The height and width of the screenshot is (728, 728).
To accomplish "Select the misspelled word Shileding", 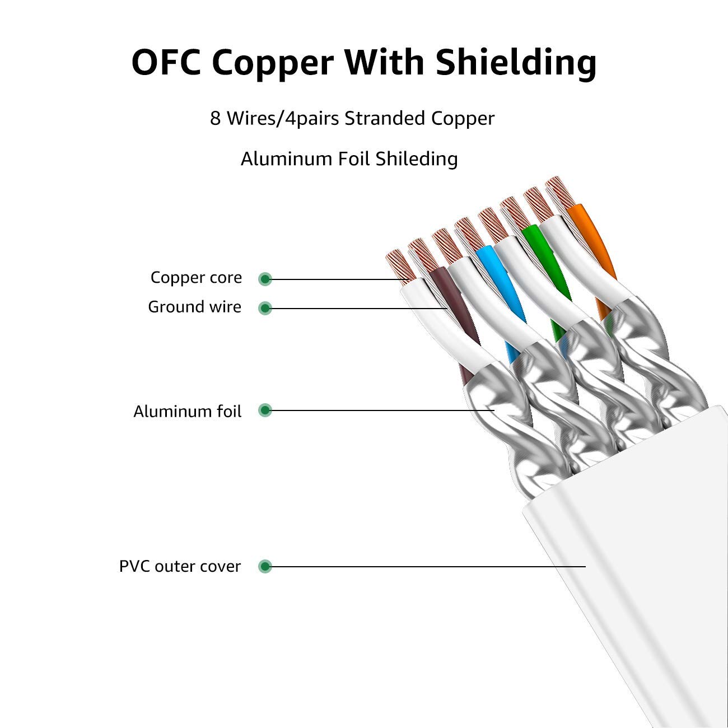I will (x=417, y=159).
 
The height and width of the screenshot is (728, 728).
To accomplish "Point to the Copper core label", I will (x=196, y=278).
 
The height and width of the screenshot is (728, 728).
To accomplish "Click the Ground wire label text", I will (x=194, y=307).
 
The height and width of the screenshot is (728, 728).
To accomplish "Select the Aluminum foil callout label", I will (x=187, y=412).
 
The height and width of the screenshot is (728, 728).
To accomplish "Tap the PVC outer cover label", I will (x=180, y=567).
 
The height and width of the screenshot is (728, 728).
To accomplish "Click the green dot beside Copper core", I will (x=265, y=279).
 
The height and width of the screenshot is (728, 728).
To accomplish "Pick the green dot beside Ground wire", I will (x=265, y=308).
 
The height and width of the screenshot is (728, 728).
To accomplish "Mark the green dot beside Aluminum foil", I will (x=265, y=410).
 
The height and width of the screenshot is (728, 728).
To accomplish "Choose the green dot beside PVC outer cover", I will (x=265, y=567).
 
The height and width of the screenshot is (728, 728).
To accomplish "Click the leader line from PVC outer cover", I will (x=426, y=567).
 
